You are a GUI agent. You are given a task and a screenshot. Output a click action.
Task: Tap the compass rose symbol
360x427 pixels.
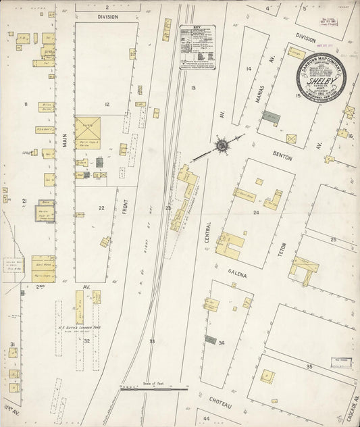222,145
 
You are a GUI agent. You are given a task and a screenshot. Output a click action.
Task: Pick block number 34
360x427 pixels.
221,343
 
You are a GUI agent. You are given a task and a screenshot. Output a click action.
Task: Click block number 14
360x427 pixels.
249,69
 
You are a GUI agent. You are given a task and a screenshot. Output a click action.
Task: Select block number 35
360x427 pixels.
309,366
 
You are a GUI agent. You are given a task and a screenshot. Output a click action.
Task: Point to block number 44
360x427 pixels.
207,420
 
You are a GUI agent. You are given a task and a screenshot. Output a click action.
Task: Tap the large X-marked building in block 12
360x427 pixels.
87,129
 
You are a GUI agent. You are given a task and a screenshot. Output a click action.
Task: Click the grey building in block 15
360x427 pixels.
271,117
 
